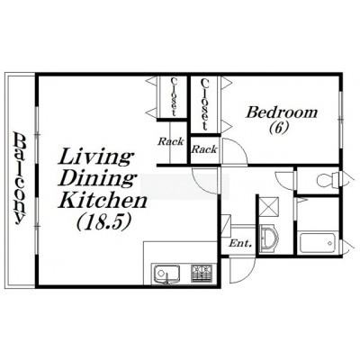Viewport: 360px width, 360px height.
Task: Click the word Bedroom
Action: (x=282, y=112)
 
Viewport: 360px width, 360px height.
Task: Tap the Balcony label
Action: (x=20, y=178)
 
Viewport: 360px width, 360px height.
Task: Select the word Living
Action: (x=95, y=157)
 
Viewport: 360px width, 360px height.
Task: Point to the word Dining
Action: (x=96, y=178)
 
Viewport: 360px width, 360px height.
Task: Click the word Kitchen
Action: (x=103, y=200)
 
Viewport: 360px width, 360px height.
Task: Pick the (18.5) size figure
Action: (x=104, y=222)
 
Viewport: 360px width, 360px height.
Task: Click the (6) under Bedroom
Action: (x=279, y=127)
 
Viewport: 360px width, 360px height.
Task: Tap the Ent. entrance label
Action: (x=240, y=243)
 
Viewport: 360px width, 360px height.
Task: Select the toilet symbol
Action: (x=328, y=180)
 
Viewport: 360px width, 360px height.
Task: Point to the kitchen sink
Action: (x=166, y=274)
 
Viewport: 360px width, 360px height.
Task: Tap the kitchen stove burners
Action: (x=202, y=273)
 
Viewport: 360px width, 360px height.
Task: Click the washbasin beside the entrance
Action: (x=269, y=239)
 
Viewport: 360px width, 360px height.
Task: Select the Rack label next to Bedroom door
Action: (x=204, y=148)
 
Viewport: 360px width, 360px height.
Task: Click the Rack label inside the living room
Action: (x=171, y=141)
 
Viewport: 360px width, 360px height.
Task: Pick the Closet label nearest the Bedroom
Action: (x=204, y=103)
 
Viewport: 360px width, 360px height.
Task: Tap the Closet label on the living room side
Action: (x=174, y=97)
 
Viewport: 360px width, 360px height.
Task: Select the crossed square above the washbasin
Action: (x=269, y=206)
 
